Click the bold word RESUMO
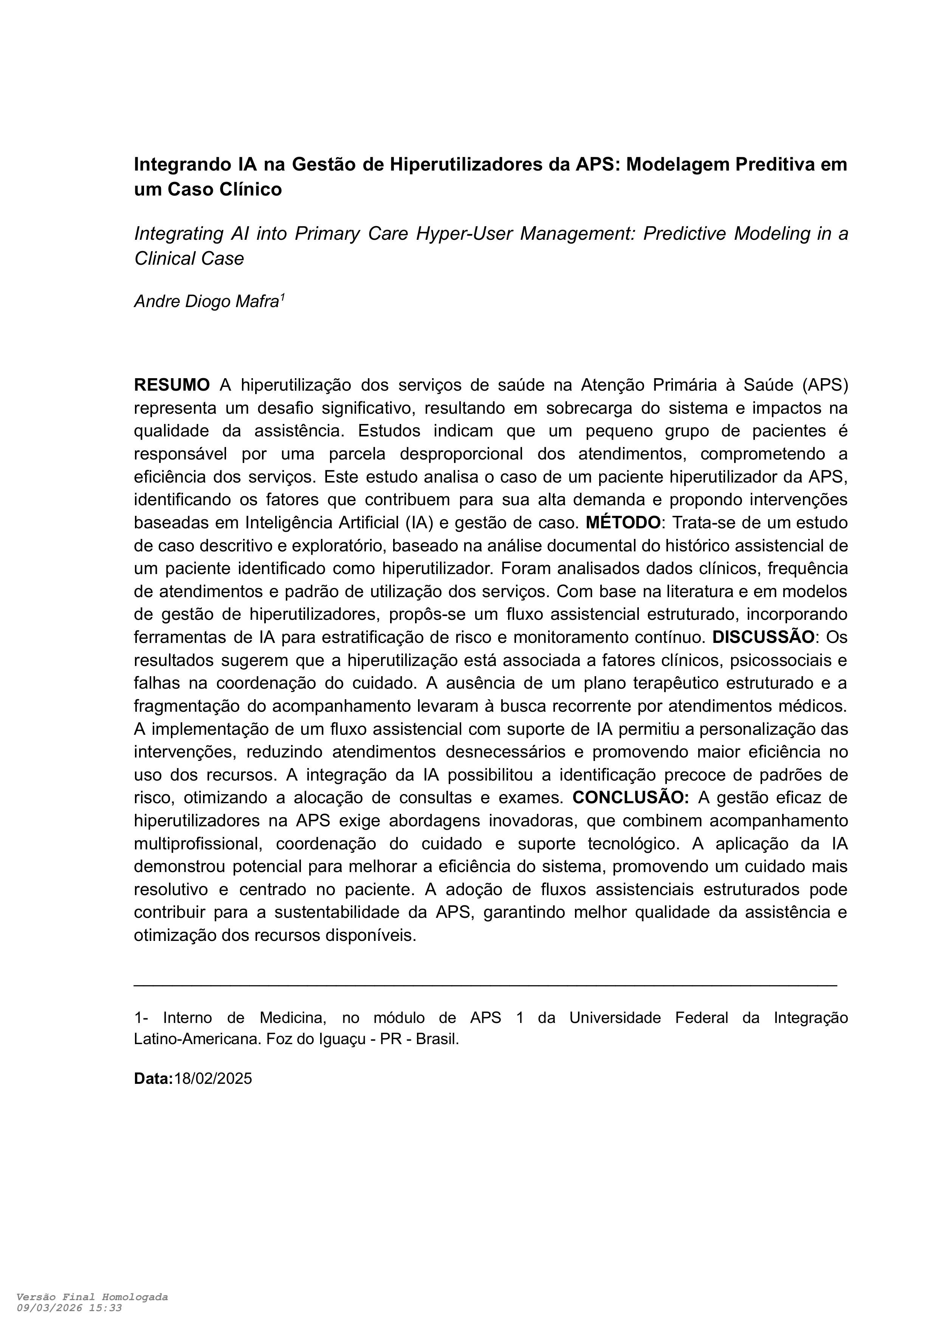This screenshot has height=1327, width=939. [172, 385]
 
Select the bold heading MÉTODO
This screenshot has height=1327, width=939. [623, 523]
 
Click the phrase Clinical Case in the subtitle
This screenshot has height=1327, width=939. [189, 259]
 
